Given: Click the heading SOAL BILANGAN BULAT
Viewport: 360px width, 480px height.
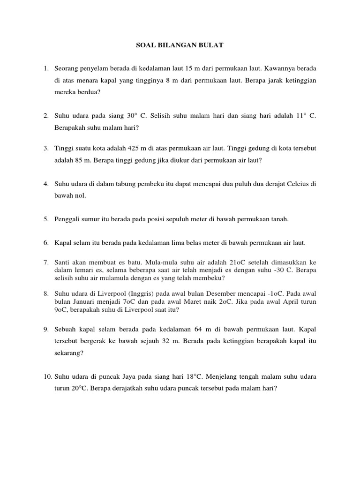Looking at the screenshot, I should pos(180,46).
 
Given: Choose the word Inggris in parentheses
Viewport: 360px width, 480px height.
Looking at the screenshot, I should pos(139,293).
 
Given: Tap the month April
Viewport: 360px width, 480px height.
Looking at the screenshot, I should pos(282,301).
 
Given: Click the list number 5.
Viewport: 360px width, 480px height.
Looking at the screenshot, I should pos(46,218).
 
